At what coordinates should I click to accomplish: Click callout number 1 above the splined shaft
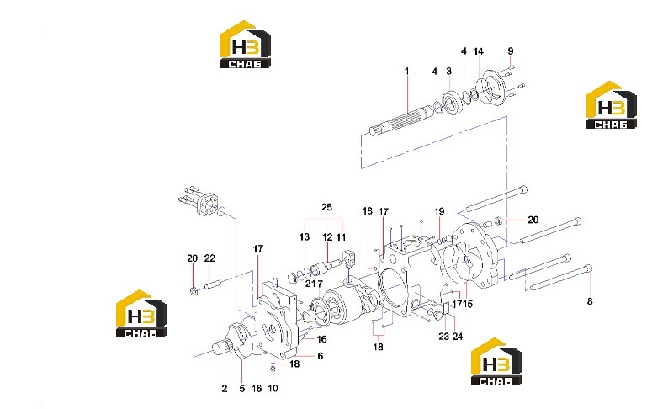[407, 71]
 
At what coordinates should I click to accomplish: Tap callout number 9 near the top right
[511, 51]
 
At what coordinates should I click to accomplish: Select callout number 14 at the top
[479, 51]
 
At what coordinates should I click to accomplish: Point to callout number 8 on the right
[590, 301]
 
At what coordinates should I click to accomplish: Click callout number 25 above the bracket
[326, 208]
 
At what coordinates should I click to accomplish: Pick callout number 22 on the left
[209, 258]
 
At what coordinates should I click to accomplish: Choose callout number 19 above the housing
[439, 211]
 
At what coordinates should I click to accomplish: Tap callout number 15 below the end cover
[468, 304]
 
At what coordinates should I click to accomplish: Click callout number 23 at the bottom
[444, 337]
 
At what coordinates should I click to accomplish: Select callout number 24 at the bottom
[457, 337]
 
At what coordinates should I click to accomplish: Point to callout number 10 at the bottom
[273, 388]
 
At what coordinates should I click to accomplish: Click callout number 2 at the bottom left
[225, 389]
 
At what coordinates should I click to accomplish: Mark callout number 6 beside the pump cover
[321, 356]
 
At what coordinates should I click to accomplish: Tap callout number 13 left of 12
[305, 236]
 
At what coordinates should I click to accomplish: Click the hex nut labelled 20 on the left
[194, 291]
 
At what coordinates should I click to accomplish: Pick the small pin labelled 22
[213, 284]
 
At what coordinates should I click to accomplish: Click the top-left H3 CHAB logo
[246, 45]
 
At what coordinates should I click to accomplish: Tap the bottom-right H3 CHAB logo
[496, 362]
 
